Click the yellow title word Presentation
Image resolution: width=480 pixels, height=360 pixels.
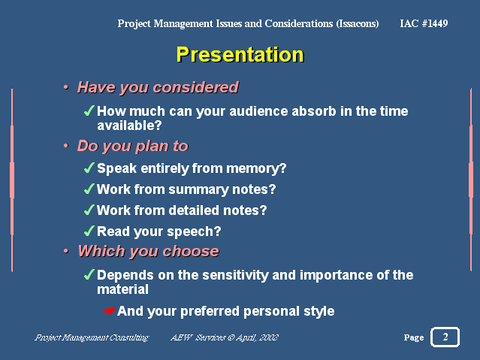click(x=240, y=55)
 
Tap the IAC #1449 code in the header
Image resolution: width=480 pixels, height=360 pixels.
click(x=424, y=23)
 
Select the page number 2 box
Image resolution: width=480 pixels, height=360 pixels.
click(x=445, y=337)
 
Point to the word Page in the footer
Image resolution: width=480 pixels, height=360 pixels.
click(x=414, y=337)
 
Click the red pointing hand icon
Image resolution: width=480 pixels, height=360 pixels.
click(x=110, y=311)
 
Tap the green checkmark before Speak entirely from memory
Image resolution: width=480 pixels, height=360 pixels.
click(x=89, y=168)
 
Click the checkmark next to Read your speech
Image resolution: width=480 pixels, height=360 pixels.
click(x=89, y=231)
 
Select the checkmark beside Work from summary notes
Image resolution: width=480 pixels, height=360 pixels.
click(x=89, y=189)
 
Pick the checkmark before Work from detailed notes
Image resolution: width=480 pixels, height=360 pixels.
click(x=89, y=210)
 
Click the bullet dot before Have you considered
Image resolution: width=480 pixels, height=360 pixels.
click(x=66, y=87)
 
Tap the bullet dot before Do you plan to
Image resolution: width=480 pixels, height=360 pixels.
click(x=66, y=146)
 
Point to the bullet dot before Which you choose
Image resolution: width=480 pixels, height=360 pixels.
click(x=66, y=251)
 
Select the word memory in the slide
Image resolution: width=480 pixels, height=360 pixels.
click(x=256, y=169)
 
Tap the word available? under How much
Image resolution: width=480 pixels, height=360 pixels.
click(x=129, y=126)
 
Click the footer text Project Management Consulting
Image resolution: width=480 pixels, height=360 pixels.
click(x=92, y=337)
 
